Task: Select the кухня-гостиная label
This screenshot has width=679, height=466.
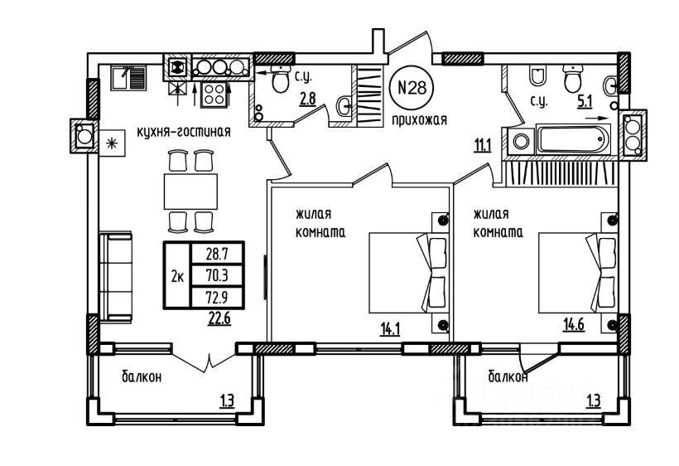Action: [x=183, y=131]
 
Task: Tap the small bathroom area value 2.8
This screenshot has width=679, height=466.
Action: [x=306, y=100]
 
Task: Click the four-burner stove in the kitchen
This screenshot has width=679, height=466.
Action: [x=215, y=94]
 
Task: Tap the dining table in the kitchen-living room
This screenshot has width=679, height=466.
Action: [x=190, y=191]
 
